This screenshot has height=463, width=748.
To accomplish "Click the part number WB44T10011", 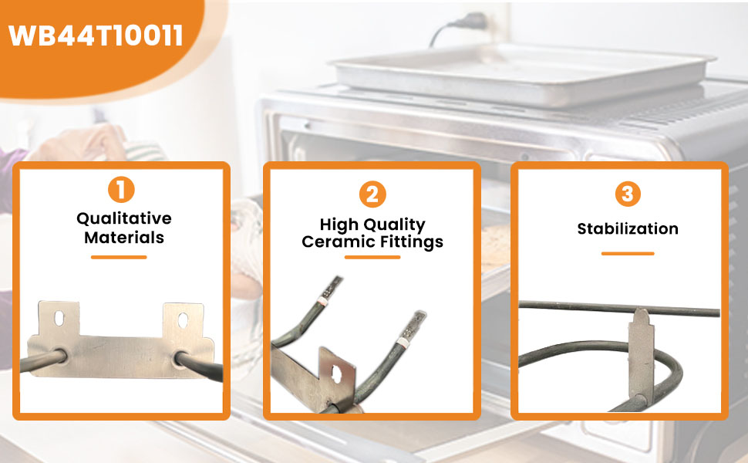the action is point(96,35).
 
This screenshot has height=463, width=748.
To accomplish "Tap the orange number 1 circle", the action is point(121,190).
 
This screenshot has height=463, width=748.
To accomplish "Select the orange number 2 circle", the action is point(372,194).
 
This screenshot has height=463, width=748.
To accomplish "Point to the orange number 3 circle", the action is point(628,194).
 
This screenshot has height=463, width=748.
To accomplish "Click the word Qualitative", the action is point(124,218).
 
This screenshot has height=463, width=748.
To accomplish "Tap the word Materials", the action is point(124,237).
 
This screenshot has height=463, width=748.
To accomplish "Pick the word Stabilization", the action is point(628,228).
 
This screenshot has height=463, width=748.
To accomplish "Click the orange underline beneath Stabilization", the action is point(628,253).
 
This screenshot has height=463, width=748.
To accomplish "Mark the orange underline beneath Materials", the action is point(119,257).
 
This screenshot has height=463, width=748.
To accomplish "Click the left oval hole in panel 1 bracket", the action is point(59,318).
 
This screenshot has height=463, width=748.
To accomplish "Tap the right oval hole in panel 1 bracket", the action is point(184,320).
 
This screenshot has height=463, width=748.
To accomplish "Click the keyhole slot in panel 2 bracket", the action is point(336,374).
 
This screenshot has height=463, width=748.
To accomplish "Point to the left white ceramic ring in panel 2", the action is point(322,302).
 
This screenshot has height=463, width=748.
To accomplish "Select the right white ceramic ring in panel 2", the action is point(403,342).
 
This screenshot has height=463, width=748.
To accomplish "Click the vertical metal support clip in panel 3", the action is point(641,356).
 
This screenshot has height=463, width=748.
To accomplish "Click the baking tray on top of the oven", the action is point(524,73).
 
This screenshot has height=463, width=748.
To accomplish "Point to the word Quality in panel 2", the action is point(394,225).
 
